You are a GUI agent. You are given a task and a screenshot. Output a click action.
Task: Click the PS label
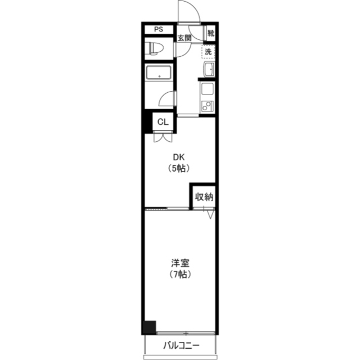[x=159, y=29]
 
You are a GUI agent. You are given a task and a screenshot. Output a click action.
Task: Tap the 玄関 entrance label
[x=184, y=38]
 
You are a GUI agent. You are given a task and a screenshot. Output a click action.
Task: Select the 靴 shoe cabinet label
[x=211, y=33]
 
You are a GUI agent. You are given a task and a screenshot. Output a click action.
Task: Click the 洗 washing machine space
[x=208, y=52]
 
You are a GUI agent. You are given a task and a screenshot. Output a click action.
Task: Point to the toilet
[x=156, y=48]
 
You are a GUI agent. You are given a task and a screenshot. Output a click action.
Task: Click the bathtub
[x=159, y=73]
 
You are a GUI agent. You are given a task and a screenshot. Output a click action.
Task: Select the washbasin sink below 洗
[x=209, y=69]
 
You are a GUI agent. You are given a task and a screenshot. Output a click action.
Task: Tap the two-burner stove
[x=207, y=106]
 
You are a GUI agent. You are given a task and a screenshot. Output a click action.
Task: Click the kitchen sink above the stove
[x=208, y=89]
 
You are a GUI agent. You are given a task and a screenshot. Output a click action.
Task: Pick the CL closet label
[x=163, y=122]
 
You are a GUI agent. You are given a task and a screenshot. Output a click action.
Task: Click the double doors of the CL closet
[x=163, y=137]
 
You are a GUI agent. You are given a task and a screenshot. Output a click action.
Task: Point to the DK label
[x=179, y=157]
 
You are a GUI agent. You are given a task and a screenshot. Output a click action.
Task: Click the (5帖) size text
[x=179, y=169]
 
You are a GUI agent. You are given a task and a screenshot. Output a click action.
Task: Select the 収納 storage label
[x=204, y=197]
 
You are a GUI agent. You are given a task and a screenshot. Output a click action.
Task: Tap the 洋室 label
[x=180, y=263]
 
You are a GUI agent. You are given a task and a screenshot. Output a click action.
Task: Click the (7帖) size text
[x=180, y=274]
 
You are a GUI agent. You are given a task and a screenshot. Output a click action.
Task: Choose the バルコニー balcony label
[x=181, y=345]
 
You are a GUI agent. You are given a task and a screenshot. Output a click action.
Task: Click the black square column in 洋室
[x=150, y=327]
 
